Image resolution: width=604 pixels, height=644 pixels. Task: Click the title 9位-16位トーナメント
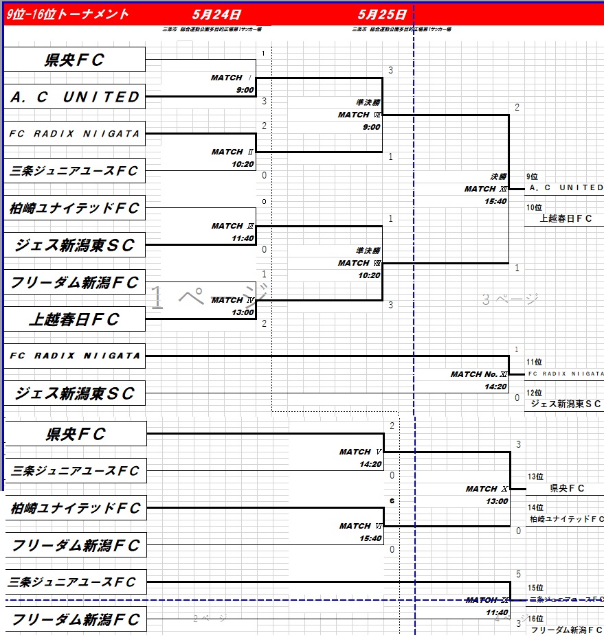(x=67, y=14)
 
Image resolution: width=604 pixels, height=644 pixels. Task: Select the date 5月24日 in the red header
(x=216, y=14)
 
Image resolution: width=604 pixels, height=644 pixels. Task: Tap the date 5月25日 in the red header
(x=382, y=14)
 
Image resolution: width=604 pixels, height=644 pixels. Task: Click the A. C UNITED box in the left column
(x=76, y=97)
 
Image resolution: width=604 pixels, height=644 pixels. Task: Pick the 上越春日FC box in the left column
(x=76, y=319)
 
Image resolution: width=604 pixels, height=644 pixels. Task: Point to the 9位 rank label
(x=533, y=177)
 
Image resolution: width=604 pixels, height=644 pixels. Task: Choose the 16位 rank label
(x=535, y=619)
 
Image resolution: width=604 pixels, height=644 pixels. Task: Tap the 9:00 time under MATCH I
(x=245, y=90)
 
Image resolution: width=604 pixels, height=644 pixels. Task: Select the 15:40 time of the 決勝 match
(x=495, y=201)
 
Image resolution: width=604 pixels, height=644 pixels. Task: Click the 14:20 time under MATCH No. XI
(x=495, y=387)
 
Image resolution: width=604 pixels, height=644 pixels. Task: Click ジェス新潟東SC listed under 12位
(x=566, y=404)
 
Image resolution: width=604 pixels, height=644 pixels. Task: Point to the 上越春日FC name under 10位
(x=566, y=219)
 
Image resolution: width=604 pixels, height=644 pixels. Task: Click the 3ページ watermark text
(x=509, y=299)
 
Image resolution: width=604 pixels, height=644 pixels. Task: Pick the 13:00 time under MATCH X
(x=495, y=501)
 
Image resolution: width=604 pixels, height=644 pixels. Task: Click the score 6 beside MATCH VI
(x=392, y=501)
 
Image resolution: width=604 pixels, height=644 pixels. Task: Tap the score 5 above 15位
(x=518, y=574)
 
